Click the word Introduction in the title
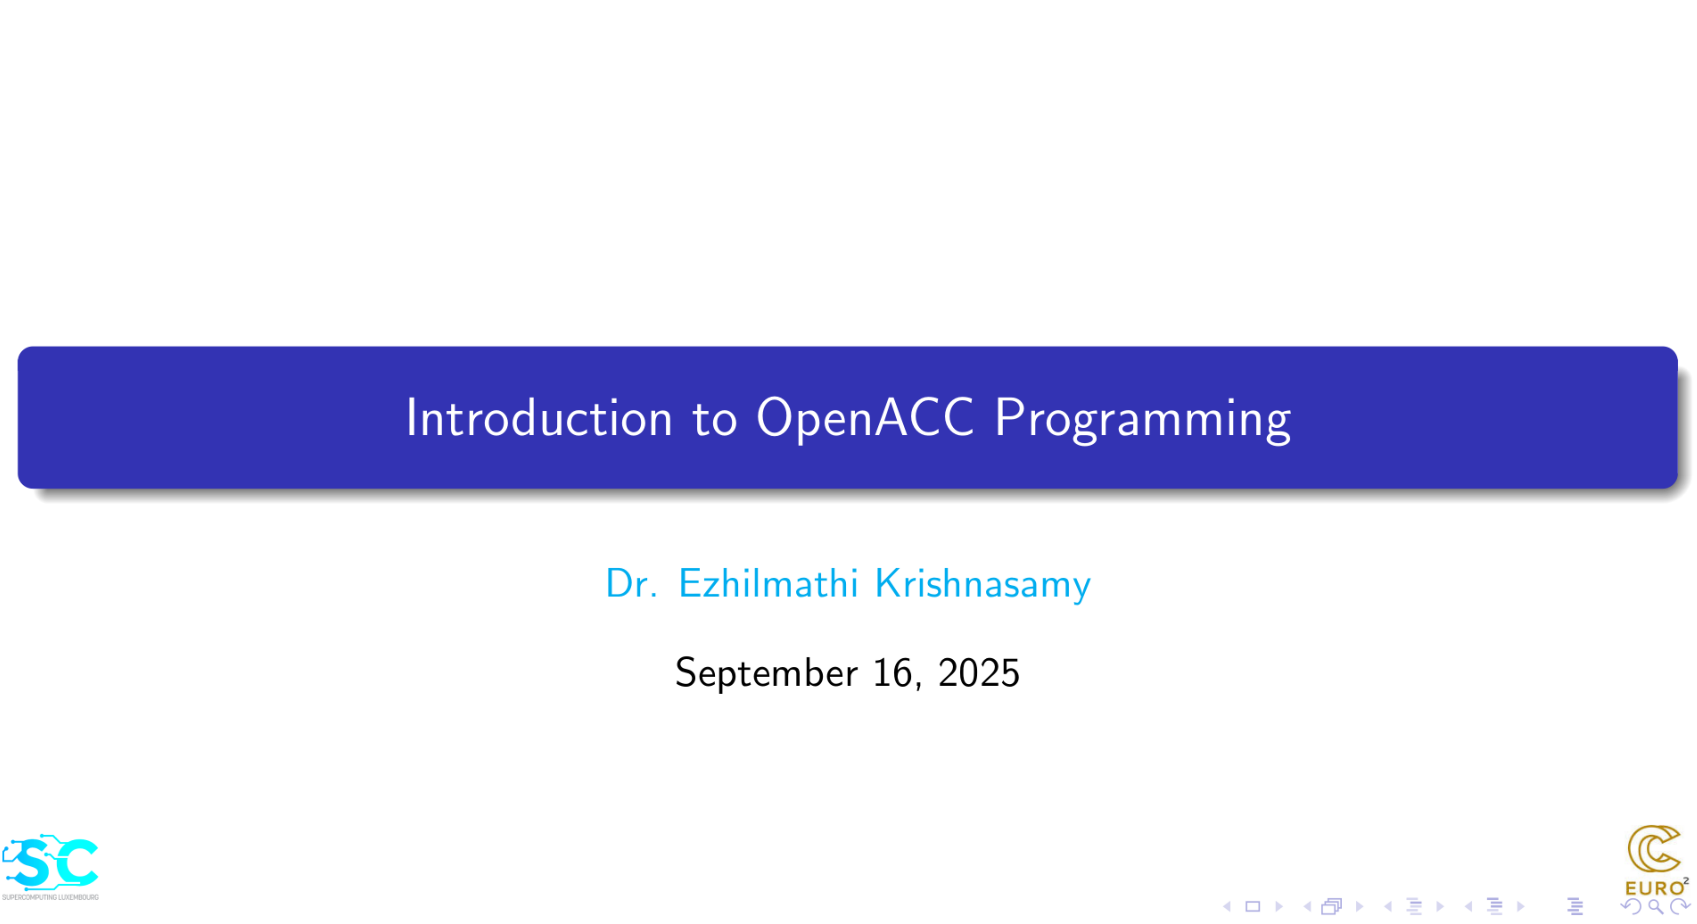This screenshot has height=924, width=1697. [x=539, y=418]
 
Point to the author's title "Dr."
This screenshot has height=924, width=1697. [x=631, y=583]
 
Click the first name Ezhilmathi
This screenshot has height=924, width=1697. [x=768, y=583]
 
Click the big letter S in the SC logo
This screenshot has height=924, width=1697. [x=33, y=863]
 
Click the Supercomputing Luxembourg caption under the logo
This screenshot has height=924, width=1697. [x=50, y=897]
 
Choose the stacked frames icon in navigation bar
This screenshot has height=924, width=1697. [x=1331, y=907]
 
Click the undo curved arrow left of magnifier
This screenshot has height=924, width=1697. [x=1631, y=907]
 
